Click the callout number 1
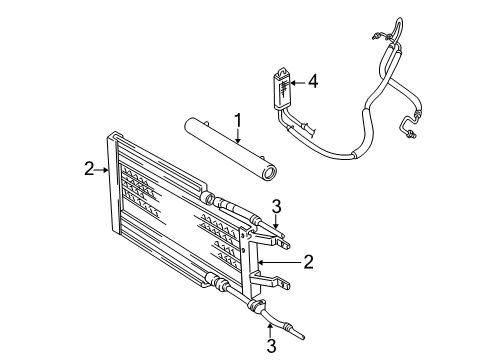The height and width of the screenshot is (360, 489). [238, 121]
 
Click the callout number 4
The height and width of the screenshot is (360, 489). [313, 81]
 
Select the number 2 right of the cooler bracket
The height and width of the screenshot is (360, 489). [309, 262]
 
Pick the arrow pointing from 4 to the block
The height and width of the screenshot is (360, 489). [297, 82]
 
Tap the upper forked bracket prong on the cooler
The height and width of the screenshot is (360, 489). [283, 239]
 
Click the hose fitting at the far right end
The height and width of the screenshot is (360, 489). [410, 129]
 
